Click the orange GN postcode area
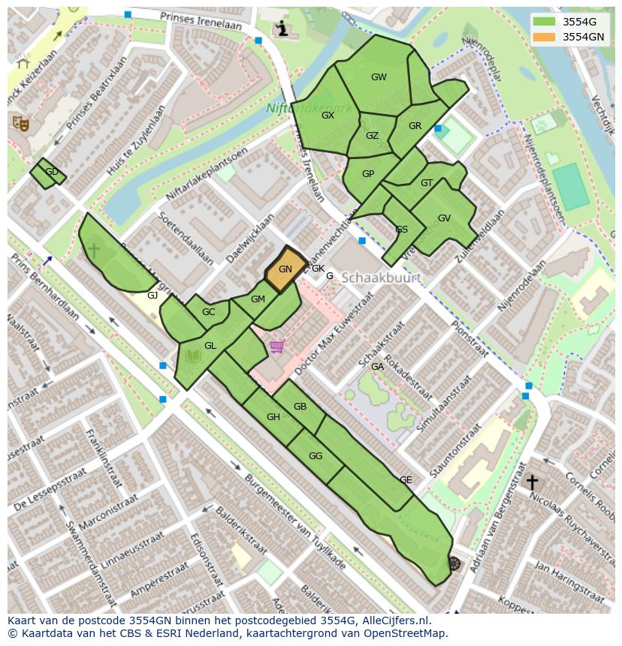(285, 269)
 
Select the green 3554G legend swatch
(545, 22)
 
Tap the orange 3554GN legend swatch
(545, 37)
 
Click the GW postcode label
(379, 77)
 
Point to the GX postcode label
(328, 116)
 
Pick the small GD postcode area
(49, 173)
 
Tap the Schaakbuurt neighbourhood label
(380, 278)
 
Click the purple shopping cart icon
(277, 347)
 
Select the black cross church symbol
(532, 482)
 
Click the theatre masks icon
(19, 123)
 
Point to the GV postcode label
(444, 218)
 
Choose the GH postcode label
(273, 417)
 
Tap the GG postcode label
(316, 456)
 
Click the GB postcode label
(300, 407)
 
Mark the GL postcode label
(210, 346)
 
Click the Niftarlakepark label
(308, 109)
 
